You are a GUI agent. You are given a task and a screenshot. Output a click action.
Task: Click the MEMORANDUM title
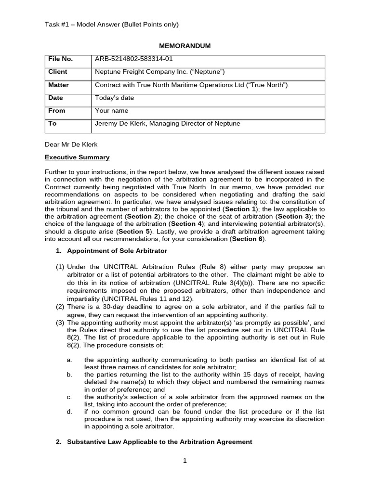[x=185, y=46]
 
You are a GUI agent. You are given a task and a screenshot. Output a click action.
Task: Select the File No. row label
[x=60, y=59]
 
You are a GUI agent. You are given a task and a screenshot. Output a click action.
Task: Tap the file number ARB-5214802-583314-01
[x=133, y=59]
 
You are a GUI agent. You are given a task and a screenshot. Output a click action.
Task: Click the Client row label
[x=58, y=72]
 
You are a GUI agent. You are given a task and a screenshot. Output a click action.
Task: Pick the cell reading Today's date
[x=115, y=98]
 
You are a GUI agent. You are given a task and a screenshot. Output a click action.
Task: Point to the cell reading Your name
[x=112, y=110]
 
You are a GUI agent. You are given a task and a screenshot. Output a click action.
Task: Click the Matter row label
[x=59, y=85]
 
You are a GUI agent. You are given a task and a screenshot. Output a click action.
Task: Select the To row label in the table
[x=53, y=123]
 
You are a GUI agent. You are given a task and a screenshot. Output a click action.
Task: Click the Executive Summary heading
[x=77, y=157]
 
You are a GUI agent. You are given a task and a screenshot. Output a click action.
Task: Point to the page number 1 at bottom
[x=185, y=460]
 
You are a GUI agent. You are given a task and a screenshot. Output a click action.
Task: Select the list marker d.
[x=69, y=411]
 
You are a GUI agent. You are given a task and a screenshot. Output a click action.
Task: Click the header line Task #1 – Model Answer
[x=112, y=25]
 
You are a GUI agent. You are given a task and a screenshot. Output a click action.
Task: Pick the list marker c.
[x=69, y=397]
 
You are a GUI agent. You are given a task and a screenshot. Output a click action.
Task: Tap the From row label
[x=56, y=110]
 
